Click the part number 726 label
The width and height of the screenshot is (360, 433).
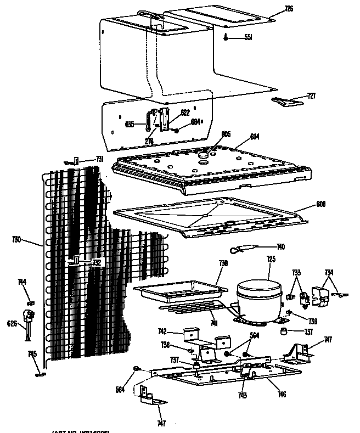289,9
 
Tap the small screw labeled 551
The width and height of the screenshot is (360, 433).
226,37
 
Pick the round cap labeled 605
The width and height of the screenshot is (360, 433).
205,154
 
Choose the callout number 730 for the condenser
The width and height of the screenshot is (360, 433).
16,239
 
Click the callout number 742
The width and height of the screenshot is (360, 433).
162,331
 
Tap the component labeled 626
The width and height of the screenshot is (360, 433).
27,317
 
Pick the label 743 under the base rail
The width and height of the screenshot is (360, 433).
242,396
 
